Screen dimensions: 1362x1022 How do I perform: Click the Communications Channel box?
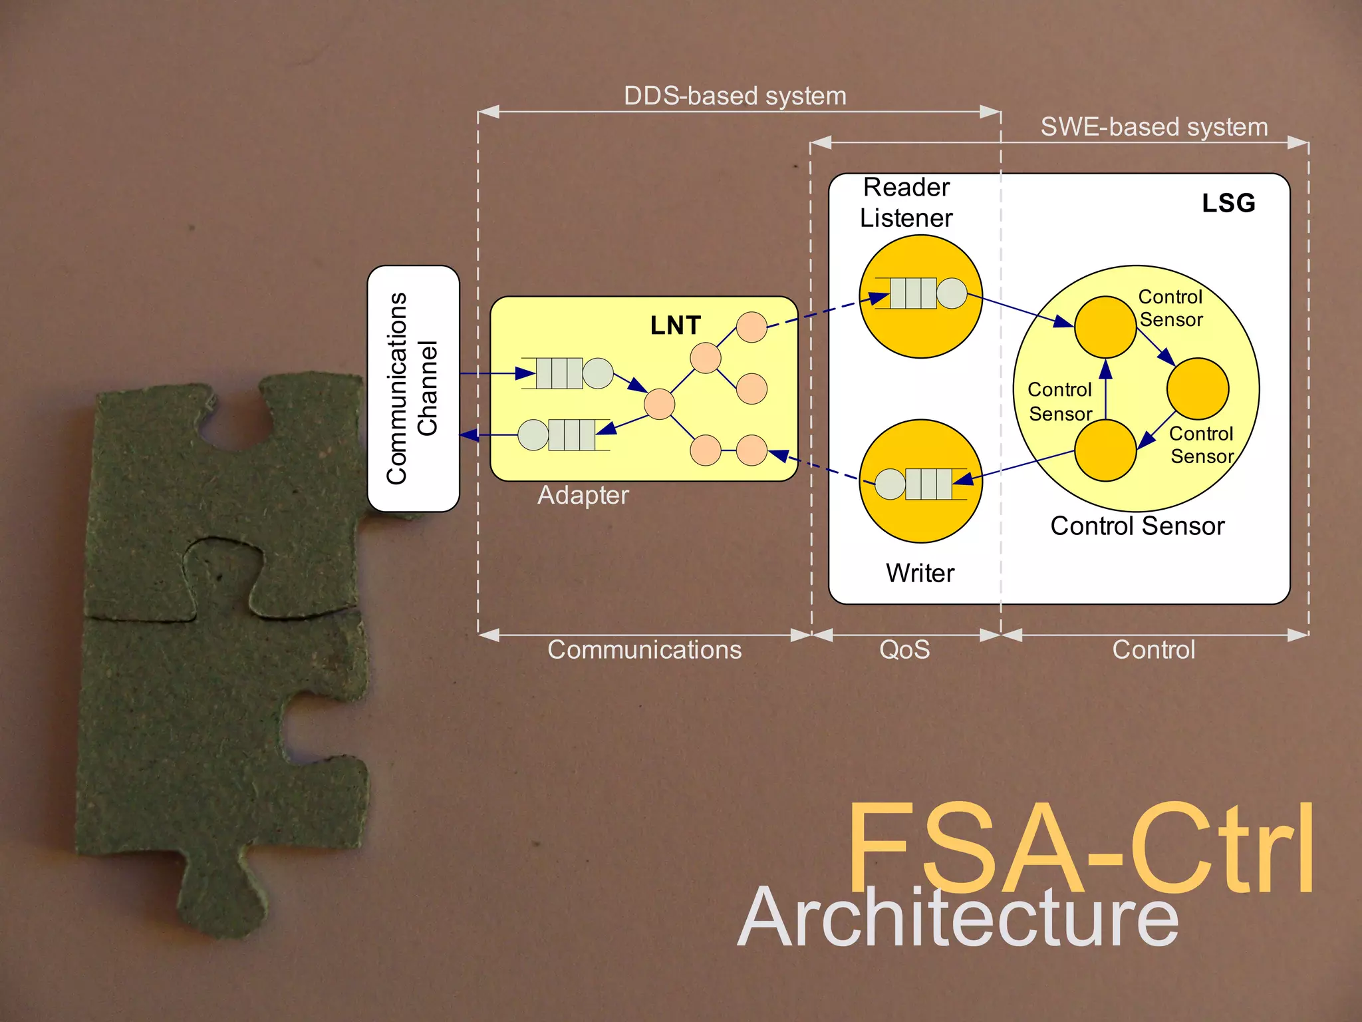point(413,389)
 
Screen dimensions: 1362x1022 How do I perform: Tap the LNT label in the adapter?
point(675,325)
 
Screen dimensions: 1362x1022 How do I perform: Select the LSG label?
point(1228,203)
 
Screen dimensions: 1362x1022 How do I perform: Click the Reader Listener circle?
point(920,296)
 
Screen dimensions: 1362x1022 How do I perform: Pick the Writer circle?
point(920,481)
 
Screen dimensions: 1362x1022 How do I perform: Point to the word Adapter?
point(583,495)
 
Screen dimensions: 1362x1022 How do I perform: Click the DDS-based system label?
point(735,96)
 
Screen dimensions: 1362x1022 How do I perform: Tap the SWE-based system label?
point(1154,126)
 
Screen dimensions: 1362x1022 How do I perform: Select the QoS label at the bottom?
point(904,649)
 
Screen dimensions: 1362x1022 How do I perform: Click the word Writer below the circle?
point(920,573)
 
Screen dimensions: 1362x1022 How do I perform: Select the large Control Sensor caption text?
point(1137,526)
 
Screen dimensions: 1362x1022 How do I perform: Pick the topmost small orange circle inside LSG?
point(1105,327)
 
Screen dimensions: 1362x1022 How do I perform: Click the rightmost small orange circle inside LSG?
point(1198,389)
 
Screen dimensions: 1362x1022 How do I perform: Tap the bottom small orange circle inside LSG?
point(1105,450)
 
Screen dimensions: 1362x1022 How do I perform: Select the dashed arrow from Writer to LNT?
point(815,465)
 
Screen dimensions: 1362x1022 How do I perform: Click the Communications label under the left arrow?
point(644,649)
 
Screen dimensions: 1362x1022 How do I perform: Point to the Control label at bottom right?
point(1154,649)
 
